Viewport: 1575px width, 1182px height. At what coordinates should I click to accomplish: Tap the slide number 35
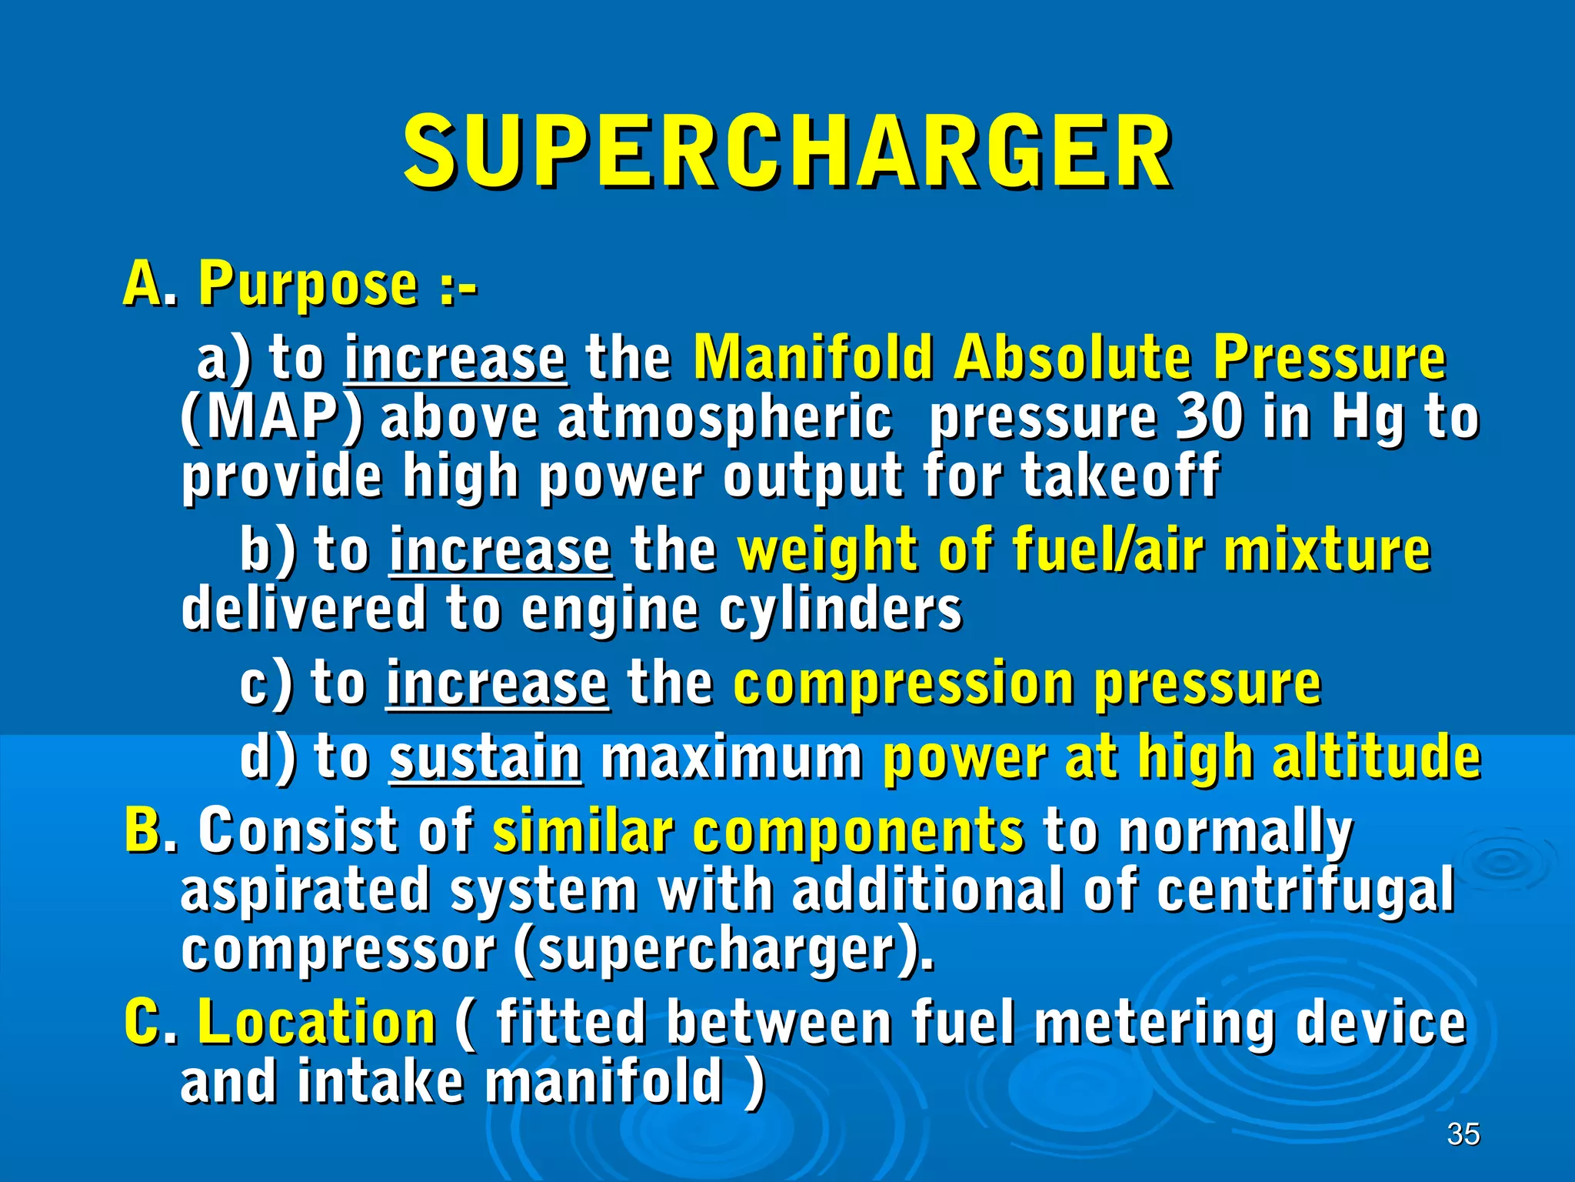pyautogui.click(x=1463, y=1134)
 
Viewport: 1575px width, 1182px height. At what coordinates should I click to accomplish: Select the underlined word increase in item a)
pyautogui.click(x=455, y=359)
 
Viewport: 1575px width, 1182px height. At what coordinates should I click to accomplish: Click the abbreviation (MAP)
pyautogui.click(x=271, y=418)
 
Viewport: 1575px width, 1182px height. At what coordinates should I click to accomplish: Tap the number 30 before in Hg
pyautogui.click(x=1209, y=418)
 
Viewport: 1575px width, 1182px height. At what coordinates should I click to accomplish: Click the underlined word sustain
pyautogui.click(x=485, y=758)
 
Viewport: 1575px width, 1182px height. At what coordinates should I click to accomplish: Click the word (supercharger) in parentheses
pyautogui.click(x=723, y=950)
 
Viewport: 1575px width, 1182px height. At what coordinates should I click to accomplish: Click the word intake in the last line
pyautogui.click(x=381, y=1081)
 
